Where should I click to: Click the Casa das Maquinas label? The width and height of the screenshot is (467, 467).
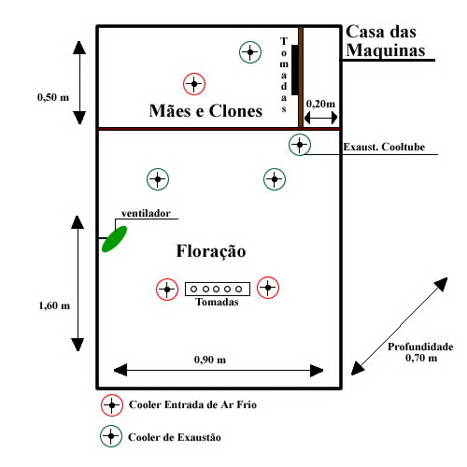[x=386, y=41]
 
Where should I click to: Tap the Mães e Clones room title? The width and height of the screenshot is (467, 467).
[x=205, y=111]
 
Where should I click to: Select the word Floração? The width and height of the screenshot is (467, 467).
[x=211, y=251]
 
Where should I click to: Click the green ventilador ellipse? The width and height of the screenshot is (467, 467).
[x=114, y=239]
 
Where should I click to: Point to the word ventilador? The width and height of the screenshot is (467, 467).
[x=146, y=213]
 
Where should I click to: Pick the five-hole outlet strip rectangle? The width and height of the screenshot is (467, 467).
[x=218, y=289]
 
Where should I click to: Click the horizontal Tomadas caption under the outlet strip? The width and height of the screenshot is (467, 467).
[x=217, y=302]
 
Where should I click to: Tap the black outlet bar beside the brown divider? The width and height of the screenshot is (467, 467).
[x=295, y=70]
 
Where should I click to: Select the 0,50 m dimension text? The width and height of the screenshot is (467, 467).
[x=53, y=97]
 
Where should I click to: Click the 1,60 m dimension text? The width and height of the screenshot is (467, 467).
[x=54, y=305]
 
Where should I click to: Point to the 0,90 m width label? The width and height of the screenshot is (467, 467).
[x=210, y=360]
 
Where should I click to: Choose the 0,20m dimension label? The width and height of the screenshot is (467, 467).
[x=320, y=104]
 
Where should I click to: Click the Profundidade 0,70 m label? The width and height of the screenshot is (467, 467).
[x=420, y=352]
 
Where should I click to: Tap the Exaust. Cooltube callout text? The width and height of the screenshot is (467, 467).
[x=384, y=147]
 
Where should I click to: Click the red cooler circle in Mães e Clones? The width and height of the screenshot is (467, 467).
[x=194, y=84]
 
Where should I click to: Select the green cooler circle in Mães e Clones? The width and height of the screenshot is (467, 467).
[x=250, y=52]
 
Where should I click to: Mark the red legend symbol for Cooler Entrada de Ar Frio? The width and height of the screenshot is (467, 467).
[x=112, y=405]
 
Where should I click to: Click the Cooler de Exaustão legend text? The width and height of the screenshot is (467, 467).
[x=175, y=437]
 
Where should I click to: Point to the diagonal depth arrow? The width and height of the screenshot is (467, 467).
[x=400, y=326]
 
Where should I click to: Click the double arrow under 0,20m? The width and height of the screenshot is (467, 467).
[x=320, y=118]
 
